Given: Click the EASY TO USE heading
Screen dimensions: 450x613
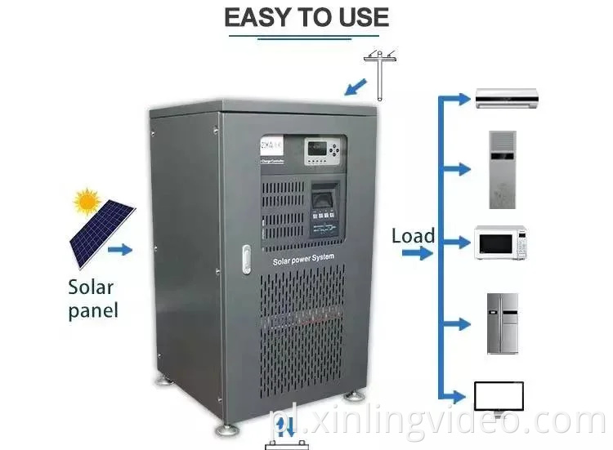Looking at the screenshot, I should coord(306,18).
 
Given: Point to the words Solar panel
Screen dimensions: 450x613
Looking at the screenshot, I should coord(93,299).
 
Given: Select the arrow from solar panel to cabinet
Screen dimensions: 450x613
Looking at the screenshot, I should coord(120,250).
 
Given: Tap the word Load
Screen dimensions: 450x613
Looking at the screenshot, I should coord(413,237).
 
